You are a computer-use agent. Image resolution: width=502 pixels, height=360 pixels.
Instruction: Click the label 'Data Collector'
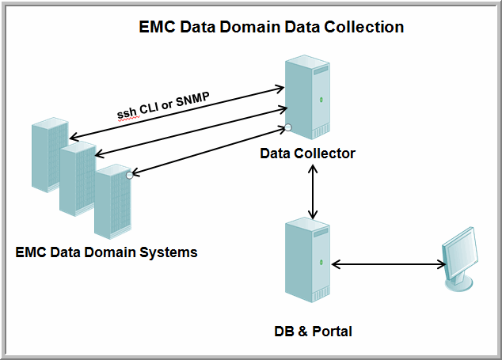tap(308, 153)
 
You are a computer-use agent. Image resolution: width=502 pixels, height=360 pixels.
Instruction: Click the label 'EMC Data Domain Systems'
tap(106, 252)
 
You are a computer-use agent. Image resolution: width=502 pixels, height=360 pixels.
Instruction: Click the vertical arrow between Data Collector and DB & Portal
tap(314, 192)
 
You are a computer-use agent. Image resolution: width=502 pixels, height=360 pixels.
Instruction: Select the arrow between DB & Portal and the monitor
tap(388, 264)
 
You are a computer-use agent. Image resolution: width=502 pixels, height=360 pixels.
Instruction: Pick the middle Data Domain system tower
tap(77, 178)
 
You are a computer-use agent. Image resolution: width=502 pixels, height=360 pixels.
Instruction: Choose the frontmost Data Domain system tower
tap(111, 201)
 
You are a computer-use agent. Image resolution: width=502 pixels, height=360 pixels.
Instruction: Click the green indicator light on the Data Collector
tap(321, 99)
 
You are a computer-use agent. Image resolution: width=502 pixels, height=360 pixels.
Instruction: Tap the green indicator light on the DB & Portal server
tap(321, 262)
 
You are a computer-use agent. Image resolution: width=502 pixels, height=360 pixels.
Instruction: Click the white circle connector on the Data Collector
tap(289, 127)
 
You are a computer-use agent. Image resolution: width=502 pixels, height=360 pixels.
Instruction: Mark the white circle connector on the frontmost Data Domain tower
tap(130, 175)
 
